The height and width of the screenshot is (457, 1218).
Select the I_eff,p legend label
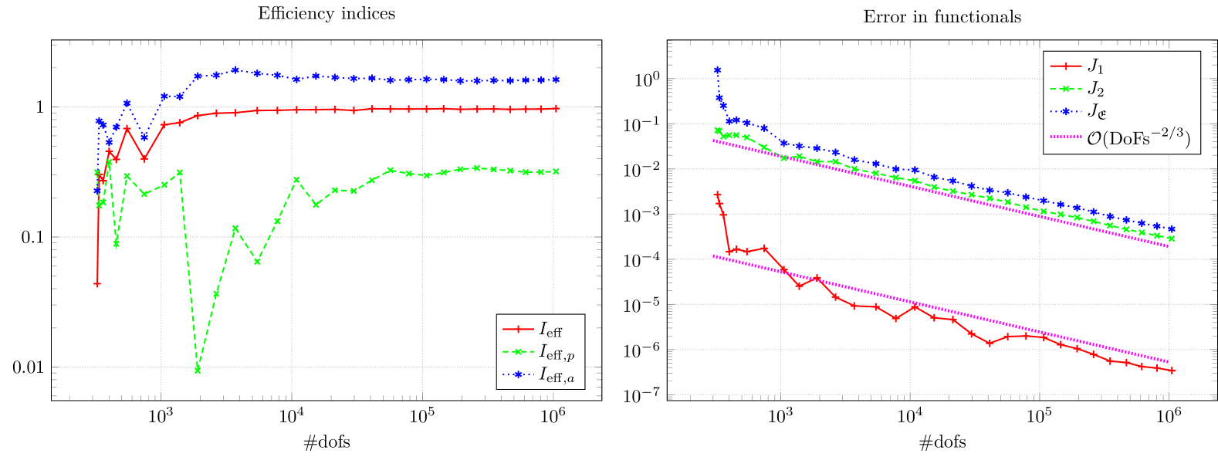(x=556, y=353)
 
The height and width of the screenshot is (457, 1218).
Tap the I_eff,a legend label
(x=556, y=376)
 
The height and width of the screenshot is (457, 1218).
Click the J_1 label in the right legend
(x=1096, y=66)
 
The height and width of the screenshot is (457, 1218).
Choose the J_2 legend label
(x=1096, y=90)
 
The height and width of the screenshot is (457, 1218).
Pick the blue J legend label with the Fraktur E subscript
(x=1097, y=113)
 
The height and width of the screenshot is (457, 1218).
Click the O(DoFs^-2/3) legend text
(x=1138, y=138)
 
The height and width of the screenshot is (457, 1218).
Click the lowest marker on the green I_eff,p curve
(x=198, y=371)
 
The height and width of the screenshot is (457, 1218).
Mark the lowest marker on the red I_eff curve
(x=97, y=284)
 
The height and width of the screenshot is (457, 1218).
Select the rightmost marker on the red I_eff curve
(x=556, y=109)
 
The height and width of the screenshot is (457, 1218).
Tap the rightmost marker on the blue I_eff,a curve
(x=556, y=80)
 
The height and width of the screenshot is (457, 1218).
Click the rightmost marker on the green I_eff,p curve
(x=556, y=171)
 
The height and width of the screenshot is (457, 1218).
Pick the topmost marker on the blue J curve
(x=718, y=69)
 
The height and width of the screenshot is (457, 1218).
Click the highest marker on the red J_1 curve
(x=717, y=195)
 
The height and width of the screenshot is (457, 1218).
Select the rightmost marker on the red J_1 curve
(x=1172, y=371)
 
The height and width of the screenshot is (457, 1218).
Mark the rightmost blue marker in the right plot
(x=1172, y=229)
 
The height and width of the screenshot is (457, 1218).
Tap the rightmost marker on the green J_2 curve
(x=1172, y=239)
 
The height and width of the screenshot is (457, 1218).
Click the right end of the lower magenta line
(x=1169, y=362)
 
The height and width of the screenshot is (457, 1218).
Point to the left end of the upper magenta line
(x=715, y=140)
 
